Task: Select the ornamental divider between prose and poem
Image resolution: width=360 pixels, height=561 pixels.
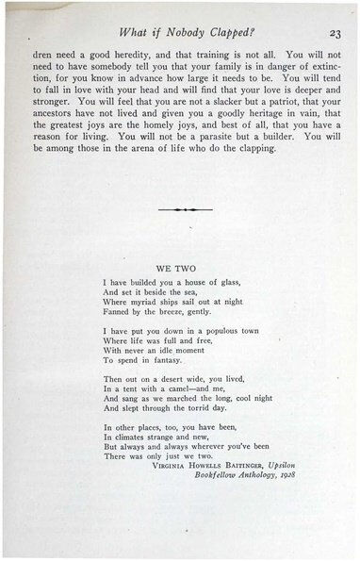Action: tap(180, 208)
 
